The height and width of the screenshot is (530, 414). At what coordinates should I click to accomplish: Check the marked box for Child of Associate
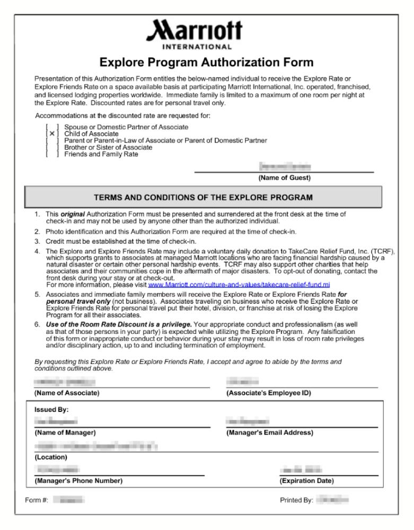pyautogui.click(x=52, y=134)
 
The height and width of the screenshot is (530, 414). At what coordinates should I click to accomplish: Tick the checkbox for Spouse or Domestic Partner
pyautogui.click(x=52, y=127)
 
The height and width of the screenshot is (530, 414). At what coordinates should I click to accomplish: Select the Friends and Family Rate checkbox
pyautogui.click(x=52, y=154)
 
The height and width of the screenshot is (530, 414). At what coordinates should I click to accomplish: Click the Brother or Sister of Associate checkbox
pyautogui.click(x=52, y=147)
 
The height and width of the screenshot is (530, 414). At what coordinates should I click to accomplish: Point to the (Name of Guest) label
pyautogui.click(x=284, y=178)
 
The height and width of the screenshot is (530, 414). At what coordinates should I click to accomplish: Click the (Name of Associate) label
pyautogui.click(x=67, y=393)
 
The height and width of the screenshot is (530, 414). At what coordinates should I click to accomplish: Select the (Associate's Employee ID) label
pyautogui.click(x=268, y=393)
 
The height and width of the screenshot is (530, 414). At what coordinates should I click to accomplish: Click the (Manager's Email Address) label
pyautogui.click(x=270, y=432)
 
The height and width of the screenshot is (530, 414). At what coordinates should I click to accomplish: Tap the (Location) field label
pyautogui.click(x=51, y=457)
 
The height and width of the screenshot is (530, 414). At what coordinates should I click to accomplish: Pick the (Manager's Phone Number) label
pyautogui.click(x=78, y=481)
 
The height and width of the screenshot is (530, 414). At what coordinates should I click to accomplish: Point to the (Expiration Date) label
pyautogui.click(x=306, y=481)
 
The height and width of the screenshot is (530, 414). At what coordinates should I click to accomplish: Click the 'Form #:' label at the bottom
pyautogui.click(x=37, y=500)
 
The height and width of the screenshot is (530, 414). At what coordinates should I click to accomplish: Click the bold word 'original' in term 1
pyautogui.click(x=73, y=214)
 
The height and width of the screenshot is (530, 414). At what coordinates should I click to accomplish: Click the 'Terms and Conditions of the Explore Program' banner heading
pyautogui.click(x=203, y=197)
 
